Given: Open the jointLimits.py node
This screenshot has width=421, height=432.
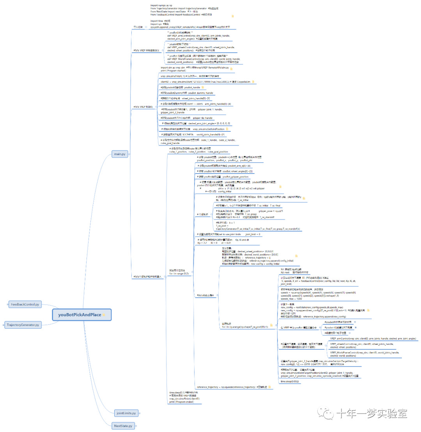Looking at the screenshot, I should click(x=126, y=413).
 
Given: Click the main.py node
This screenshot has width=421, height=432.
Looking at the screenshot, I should click(x=120, y=154).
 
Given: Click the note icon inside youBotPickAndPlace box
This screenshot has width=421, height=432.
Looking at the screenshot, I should click(x=104, y=315).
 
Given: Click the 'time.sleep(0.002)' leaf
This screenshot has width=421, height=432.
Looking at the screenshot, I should click(x=290, y=381).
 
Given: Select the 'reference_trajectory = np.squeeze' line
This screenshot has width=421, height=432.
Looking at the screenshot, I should click(x=226, y=387).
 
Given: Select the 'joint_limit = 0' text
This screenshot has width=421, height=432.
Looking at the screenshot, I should click(x=253, y=234).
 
